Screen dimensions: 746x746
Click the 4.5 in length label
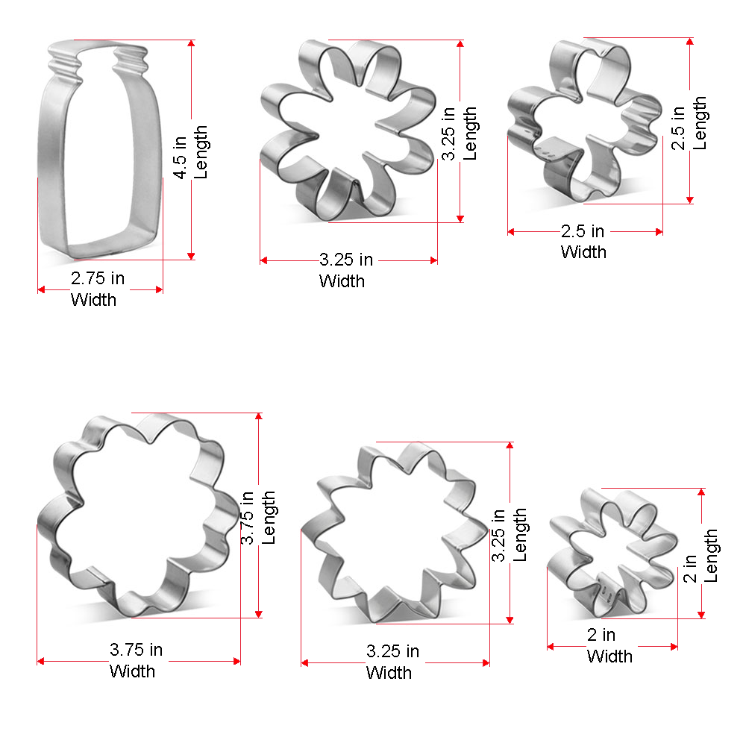pos(190,152)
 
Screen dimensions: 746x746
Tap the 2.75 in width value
pos(98,278)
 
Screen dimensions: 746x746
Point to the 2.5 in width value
pos(583,231)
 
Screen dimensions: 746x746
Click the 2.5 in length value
pos(677,128)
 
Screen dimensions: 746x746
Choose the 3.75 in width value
pos(136,650)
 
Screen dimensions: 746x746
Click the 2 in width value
pos(601,635)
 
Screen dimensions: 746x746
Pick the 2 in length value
pos(690,568)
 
